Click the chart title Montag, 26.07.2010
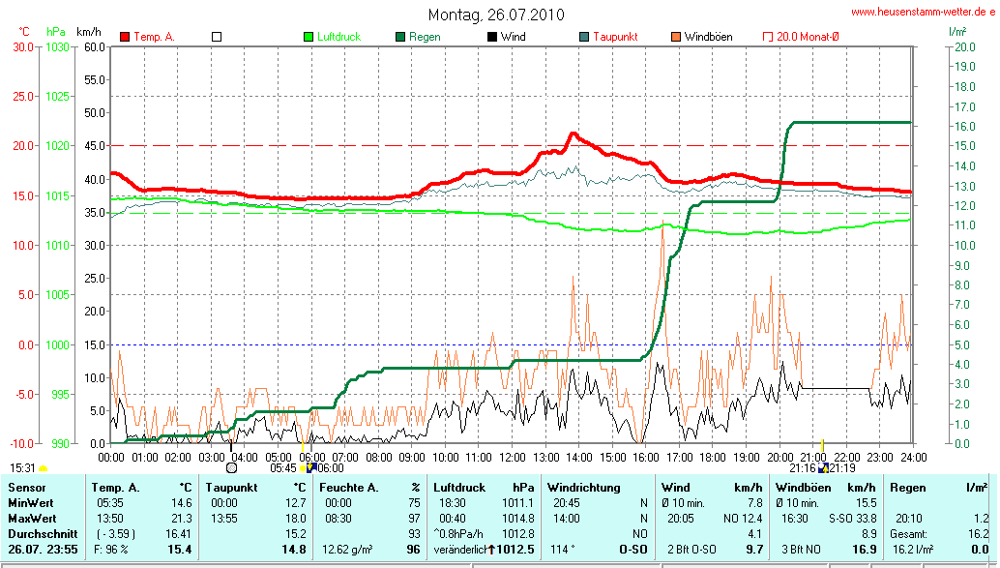click(x=496, y=15)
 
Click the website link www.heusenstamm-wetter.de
click(x=923, y=12)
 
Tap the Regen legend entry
click(x=424, y=37)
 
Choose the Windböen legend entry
click(x=708, y=37)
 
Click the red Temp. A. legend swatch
click(x=125, y=37)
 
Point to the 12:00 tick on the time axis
click(x=511, y=457)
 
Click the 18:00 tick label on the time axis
click(x=712, y=457)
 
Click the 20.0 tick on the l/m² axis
click(x=965, y=46)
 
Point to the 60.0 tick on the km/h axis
click(x=95, y=46)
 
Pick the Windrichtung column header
click(x=584, y=488)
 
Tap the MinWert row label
click(x=31, y=503)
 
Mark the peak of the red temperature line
click(x=573, y=134)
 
